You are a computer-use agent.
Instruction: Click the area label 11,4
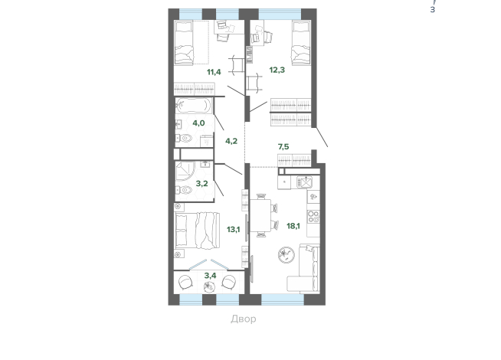pos(214,72)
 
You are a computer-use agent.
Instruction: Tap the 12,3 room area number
pos(277,70)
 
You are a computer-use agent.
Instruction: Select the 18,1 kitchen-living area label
pos(293,226)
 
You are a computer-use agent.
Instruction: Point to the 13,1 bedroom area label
pos(233,229)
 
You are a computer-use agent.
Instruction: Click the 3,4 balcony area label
pos(210,275)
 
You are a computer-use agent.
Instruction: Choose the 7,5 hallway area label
pos(283,146)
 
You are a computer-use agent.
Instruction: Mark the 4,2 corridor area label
pos(231,141)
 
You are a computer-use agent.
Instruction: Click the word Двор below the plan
pos(244,319)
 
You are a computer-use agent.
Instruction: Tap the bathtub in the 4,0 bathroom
pos(193,105)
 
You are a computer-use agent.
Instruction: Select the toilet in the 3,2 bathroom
pos(184,190)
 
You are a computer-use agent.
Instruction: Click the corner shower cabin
pos(185,172)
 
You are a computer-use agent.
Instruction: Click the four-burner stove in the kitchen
pos(313,217)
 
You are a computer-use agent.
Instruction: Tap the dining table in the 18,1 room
pos(260,215)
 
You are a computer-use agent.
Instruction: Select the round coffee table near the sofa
pos(287,254)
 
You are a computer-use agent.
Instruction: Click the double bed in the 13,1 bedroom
pos(197,231)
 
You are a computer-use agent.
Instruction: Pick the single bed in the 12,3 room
pos(301,42)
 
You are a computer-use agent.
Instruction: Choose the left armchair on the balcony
pos(185,283)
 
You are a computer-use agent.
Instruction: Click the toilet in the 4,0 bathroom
pos(184,139)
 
